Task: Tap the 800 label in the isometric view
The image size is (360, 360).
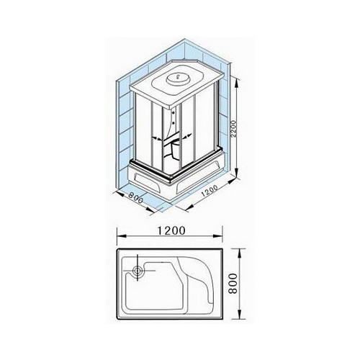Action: tap(135, 198)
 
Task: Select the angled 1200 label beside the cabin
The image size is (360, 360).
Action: tap(210, 191)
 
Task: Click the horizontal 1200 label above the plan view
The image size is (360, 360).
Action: tap(171, 230)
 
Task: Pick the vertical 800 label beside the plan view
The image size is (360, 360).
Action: tap(233, 283)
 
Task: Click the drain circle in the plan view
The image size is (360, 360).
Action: tap(138, 271)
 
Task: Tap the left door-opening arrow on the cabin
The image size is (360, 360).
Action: tap(156, 138)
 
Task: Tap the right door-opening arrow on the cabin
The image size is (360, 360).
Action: tap(187, 136)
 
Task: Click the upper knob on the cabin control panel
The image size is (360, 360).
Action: tap(174, 112)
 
